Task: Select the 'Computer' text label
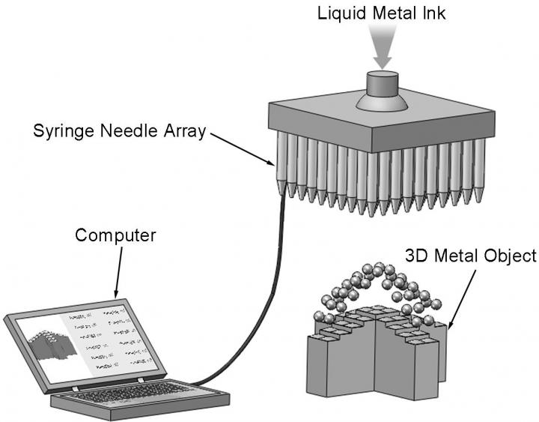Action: click(x=115, y=235)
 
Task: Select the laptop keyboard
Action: click(x=127, y=393)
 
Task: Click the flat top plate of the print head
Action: click(x=374, y=120)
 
